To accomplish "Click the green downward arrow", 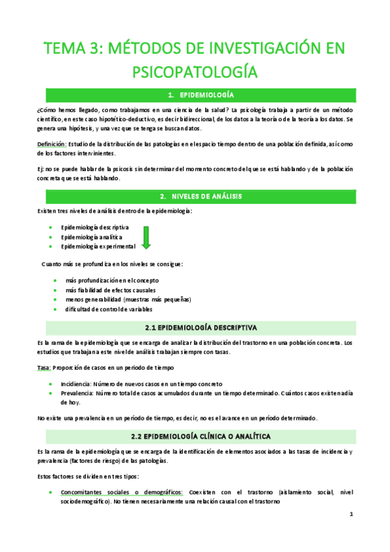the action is pyautogui.click(x=145, y=237).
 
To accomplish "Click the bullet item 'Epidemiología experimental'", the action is pyautogui.click(x=98, y=247).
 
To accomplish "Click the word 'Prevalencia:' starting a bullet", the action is pyautogui.click(x=79, y=394).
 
